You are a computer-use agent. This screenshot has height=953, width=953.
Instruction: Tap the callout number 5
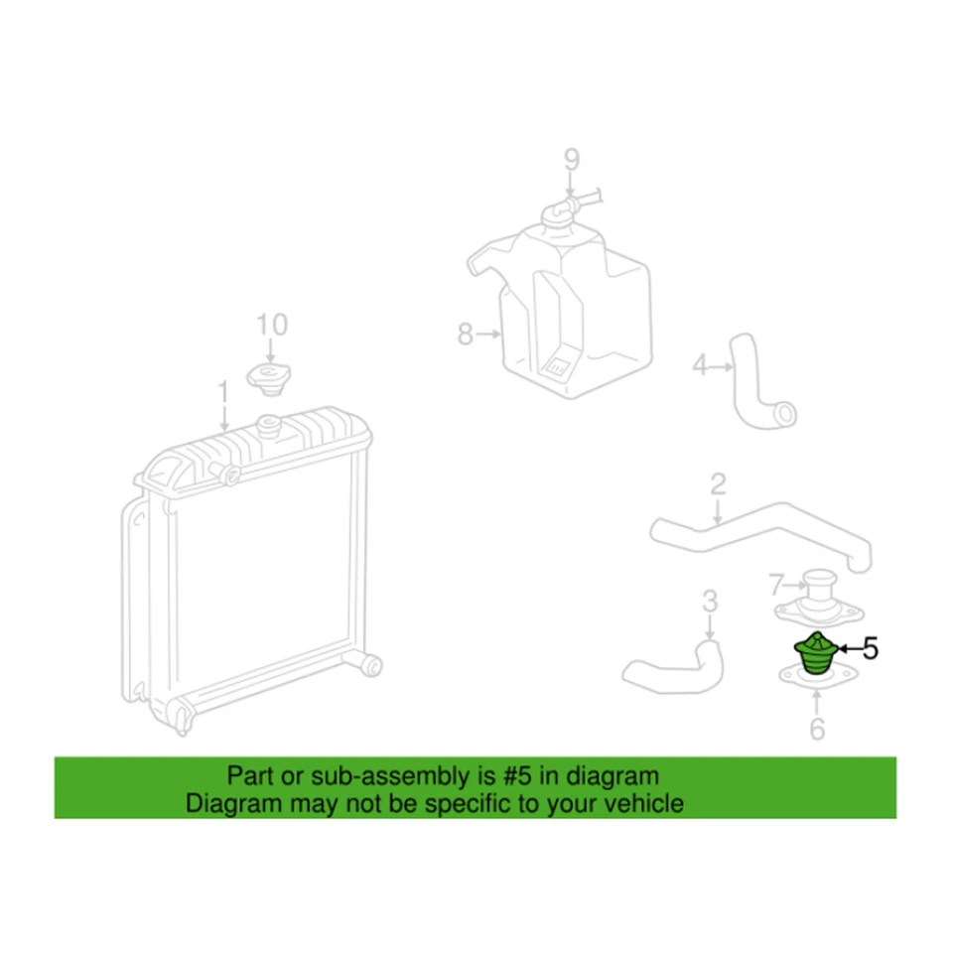click(x=870, y=650)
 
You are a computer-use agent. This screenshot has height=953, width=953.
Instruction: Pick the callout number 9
click(x=571, y=158)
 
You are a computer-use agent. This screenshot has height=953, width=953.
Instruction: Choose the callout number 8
click(x=465, y=336)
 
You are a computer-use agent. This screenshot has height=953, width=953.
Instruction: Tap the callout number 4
click(x=699, y=367)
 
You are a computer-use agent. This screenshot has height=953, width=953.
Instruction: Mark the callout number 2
click(x=718, y=485)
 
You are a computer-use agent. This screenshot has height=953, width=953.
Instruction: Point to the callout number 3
click(x=709, y=601)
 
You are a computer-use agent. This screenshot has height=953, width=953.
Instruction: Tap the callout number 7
click(x=777, y=581)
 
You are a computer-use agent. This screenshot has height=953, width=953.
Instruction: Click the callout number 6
click(x=817, y=730)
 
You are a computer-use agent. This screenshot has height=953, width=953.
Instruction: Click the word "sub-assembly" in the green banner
click(x=345, y=775)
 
